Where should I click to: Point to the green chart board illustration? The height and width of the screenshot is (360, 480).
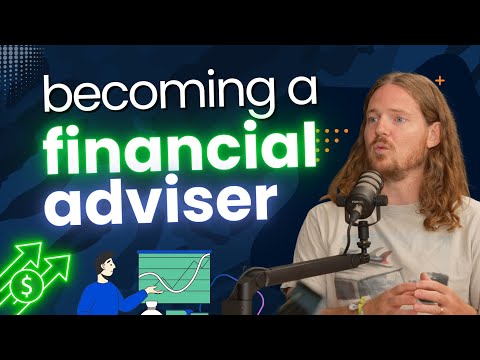point(176,281)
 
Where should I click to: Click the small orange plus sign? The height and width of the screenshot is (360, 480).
point(439,79)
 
